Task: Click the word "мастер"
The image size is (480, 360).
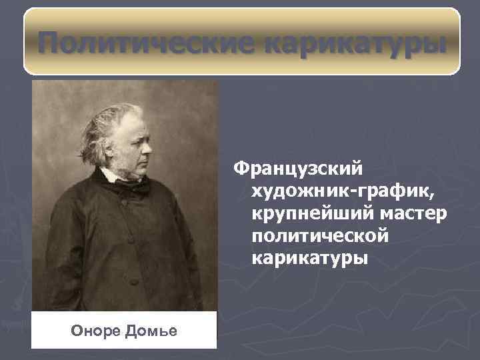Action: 413,214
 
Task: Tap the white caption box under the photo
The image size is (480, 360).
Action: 125,330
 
